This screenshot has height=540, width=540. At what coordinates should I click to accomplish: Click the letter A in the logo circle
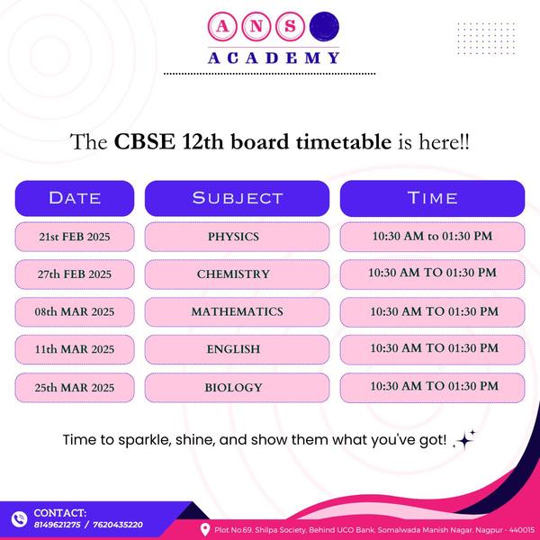click(x=222, y=26)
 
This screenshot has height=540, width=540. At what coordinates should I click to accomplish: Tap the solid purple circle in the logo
click(x=324, y=26)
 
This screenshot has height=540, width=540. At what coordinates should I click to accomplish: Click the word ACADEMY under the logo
click(x=274, y=58)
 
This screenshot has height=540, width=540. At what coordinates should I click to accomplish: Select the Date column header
click(x=75, y=198)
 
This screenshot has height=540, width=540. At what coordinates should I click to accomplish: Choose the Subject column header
click(x=237, y=198)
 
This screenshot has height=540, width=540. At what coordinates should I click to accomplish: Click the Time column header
click(x=432, y=198)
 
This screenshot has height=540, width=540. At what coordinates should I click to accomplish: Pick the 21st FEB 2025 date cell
click(x=75, y=237)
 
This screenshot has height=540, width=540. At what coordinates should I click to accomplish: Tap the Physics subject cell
click(x=237, y=237)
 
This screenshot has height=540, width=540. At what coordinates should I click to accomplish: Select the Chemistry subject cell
click(x=237, y=274)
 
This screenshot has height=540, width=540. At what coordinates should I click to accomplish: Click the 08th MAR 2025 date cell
click(x=75, y=312)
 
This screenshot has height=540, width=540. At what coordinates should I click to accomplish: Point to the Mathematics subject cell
click(x=237, y=312)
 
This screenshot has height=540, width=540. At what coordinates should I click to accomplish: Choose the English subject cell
click(x=237, y=349)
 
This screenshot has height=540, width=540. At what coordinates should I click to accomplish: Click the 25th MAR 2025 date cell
click(x=75, y=388)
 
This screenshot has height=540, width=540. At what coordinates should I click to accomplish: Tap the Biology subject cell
click(x=237, y=388)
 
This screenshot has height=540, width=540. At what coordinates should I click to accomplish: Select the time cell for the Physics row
click(x=432, y=237)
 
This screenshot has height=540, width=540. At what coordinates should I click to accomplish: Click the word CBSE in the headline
click(x=144, y=142)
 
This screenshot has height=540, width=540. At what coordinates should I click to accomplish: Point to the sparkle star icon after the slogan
click(x=464, y=440)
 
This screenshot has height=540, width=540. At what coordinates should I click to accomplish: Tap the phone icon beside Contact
click(x=19, y=519)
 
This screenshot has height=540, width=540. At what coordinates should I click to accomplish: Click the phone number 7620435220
click(x=118, y=525)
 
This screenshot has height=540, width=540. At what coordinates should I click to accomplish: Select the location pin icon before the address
click(x=205, y=530)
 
